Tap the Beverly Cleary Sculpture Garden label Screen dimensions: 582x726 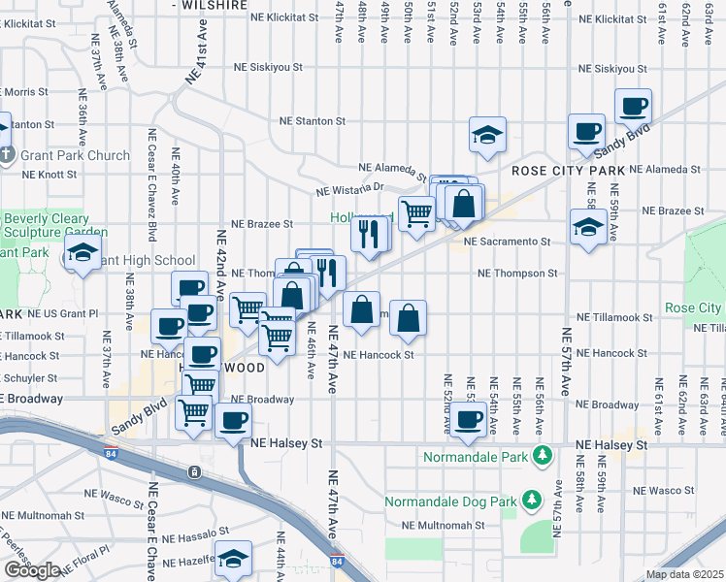pyautogui.click(x=47, y=225)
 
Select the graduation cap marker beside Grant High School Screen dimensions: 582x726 pyautogui.click(x=82, y=255)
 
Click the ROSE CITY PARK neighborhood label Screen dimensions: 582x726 pyautogui.click(x=567, y=171)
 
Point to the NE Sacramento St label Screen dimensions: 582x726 pyautogui.click(x=507, y=242)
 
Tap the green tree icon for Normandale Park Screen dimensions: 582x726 pyautogui.click(x=543, y=454)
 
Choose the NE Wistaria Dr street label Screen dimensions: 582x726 pyautogui.click(x=349, y=188)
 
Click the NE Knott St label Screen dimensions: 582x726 pyautogui.click(x=49, y=175)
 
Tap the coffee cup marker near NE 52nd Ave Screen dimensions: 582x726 pyautogui.click(x=468, y=419)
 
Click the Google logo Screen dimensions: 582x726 pyautogui.click(x=32, y=570)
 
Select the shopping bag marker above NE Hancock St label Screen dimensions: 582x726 pyautogui.click(x=409, y=317)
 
